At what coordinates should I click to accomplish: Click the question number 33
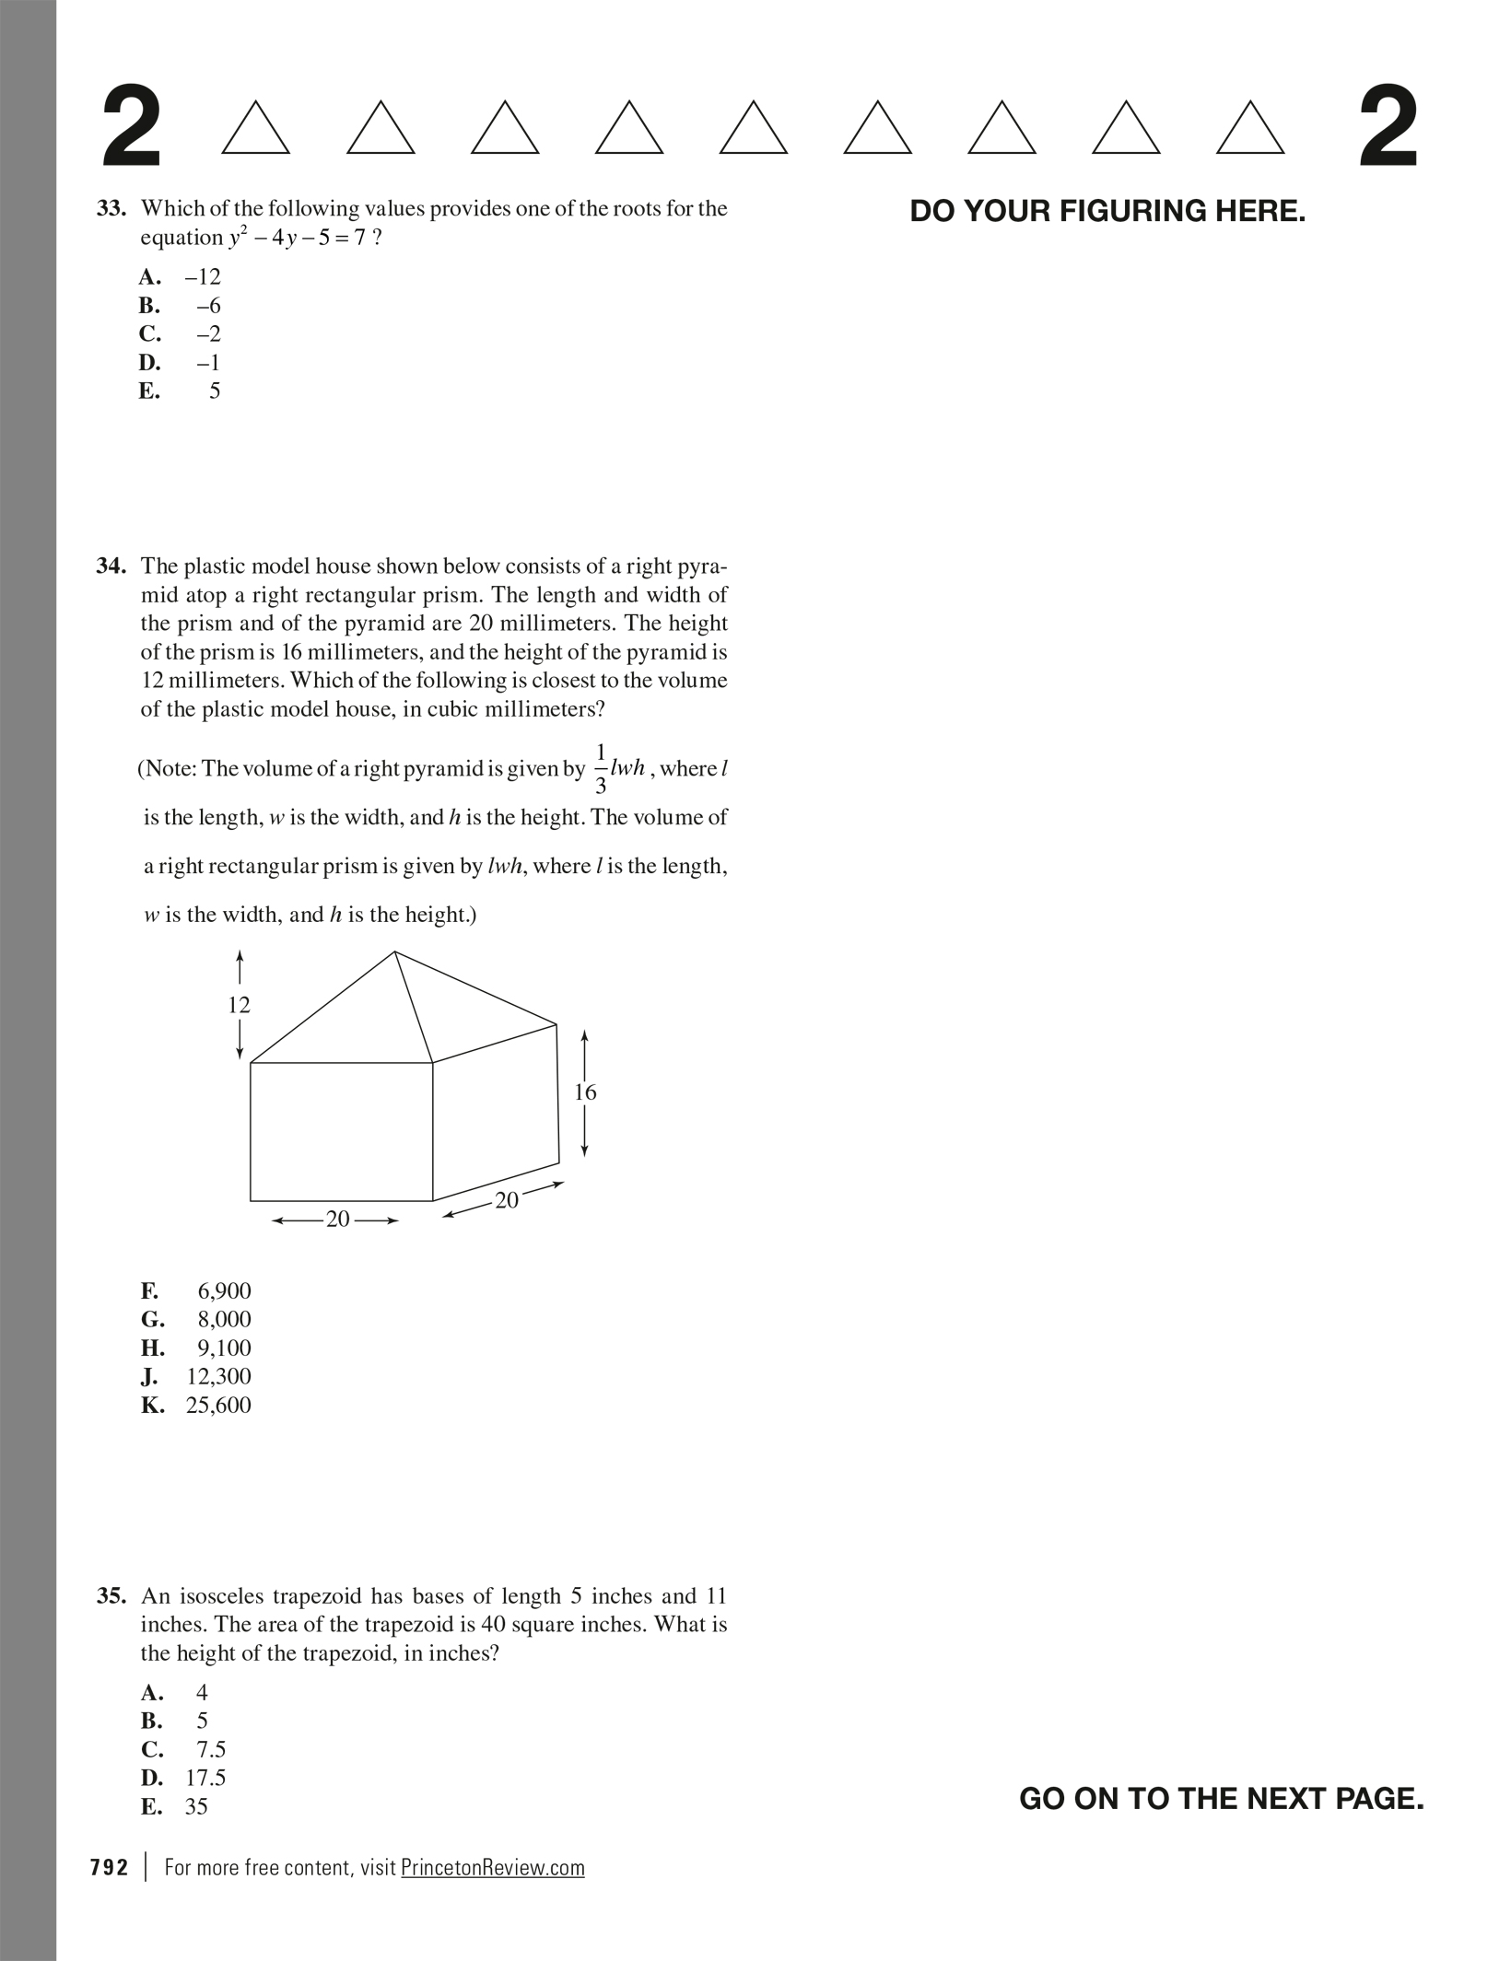click(x=111, y=208)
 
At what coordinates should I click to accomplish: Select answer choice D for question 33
click(x=149, y=362)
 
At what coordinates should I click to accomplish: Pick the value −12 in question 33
click(x=203, y=276)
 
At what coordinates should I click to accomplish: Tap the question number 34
click(x=111, y=566)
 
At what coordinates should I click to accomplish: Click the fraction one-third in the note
click(x=601, y=768)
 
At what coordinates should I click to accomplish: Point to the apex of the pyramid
click(x=395, y=951)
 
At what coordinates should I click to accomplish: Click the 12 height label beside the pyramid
click(x=239, y=1004)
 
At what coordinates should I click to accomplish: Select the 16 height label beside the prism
click(x=585, y=1091)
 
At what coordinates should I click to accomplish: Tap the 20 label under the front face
click(x=338, y=1219)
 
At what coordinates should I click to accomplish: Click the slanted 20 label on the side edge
click(x=507, y=1200)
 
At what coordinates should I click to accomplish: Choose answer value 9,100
click(x=224, y=1348)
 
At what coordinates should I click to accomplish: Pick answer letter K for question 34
click(x=152, y=1405)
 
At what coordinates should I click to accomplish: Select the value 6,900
click(x=224, y=1290)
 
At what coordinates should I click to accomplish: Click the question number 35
click(x=111, y=1595)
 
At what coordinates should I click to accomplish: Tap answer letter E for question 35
click(x=151, y=1806)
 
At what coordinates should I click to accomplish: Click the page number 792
click(x=110, y=1867)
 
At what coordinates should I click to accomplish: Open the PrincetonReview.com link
click(x=493, y=1867)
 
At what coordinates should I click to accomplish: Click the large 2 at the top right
click(x=1388, y=127)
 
